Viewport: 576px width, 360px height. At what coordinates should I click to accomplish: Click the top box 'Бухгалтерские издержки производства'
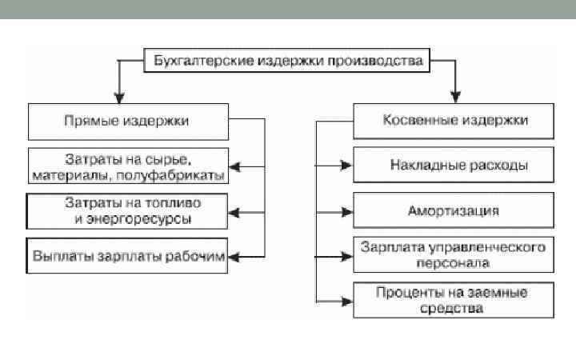point(286,61)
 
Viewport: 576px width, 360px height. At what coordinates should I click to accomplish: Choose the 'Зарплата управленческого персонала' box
point(453,254)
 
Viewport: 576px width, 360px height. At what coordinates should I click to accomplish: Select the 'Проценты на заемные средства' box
point(453,300)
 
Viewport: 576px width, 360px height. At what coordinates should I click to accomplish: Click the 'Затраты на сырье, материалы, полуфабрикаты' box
point(129,165)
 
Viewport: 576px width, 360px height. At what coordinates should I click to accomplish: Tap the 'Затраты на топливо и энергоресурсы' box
point(128,210)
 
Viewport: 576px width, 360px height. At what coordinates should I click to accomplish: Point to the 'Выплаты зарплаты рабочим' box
point(128,256)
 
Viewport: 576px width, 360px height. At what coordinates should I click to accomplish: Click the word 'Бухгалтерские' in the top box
point(189,61)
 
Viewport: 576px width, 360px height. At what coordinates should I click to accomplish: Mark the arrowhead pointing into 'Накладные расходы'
point(346,166)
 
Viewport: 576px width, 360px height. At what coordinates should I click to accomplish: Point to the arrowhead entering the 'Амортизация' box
point(346,212)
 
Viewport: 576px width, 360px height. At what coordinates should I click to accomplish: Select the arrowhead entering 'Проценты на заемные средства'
point(346,301)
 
